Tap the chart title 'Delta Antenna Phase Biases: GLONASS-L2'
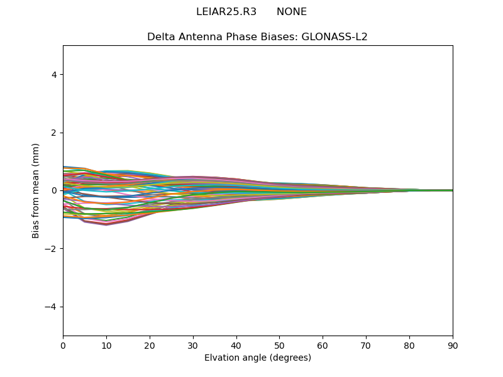click(257, 37)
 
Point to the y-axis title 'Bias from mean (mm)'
click(36, 190)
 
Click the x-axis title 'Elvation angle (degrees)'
click(257, 358)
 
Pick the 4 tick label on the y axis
click(54, 75)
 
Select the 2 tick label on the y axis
click(54, 133)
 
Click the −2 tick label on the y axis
click(52, 249)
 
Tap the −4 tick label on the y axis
click(52, 307)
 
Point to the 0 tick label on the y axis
click(54, 190)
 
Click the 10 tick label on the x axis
click(106, 345)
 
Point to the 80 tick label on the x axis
click(409, 345)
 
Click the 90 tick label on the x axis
click(453, 345)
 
